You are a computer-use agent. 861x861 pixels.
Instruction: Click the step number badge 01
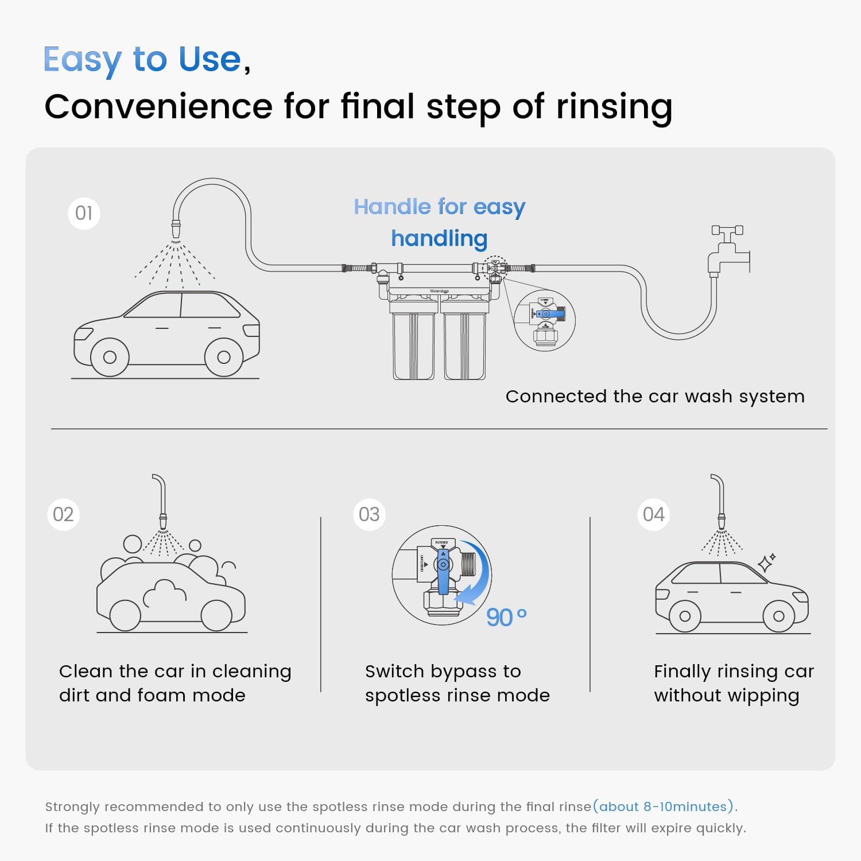coord(84,214)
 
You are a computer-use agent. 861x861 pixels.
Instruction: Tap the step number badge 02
coord(63,514)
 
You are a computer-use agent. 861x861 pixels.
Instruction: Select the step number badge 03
coord(369,514)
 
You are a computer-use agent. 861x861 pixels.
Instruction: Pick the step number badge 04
coord(654,514)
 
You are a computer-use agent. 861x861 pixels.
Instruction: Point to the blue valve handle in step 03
coord(443,571)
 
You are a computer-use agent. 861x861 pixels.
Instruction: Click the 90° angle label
coord(506,618)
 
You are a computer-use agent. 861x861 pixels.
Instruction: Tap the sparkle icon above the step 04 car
coord(766,563)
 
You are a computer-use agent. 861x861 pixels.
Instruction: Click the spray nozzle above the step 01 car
coord(176,229)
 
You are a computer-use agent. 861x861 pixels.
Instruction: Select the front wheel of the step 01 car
coord(223,357)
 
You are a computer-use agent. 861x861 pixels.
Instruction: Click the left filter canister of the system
coord(413,346)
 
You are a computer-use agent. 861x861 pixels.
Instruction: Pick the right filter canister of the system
coord(464,346)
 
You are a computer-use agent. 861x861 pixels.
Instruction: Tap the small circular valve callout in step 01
coord(544,320)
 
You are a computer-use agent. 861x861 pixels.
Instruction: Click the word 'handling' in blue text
coord(439,238)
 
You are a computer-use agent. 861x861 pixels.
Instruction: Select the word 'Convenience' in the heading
coord(158,107)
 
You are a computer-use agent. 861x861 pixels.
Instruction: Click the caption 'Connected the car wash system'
coord(655,396)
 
